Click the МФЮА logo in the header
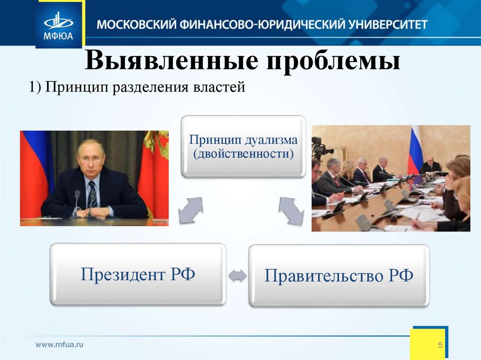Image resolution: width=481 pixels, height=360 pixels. tap(58, 26)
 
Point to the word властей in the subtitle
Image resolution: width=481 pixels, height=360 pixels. tap(219, 87)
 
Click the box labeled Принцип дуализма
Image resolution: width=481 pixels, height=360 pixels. tap(243, 146)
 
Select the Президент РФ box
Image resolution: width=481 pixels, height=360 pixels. tap(138, 274)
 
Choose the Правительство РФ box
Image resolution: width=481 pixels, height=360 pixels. tap(339, 276)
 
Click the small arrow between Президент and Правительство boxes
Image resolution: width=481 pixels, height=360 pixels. tap(237, 275)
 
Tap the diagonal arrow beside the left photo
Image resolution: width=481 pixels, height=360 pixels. tap(191, 210)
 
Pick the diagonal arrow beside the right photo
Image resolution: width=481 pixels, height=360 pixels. tap(291, 211)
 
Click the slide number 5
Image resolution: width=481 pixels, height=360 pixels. tap(440, 345)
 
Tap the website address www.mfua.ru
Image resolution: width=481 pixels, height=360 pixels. tap(60, 345)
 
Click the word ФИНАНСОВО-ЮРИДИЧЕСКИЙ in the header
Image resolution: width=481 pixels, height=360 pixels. tap(259, 24)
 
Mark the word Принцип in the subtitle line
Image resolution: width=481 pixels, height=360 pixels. tap(77, 88)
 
